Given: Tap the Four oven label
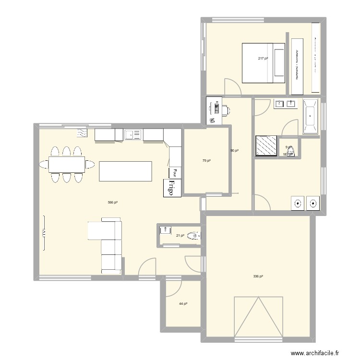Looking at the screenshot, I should (174, 173).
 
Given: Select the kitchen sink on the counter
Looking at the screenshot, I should (129, 135).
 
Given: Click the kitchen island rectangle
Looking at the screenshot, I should (125, 171).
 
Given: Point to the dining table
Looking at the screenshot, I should (67, 164).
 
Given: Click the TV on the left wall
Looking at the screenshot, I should (44, 232).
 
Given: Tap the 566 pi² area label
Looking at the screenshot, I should (113, 203).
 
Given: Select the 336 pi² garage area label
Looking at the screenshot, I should (258, 276).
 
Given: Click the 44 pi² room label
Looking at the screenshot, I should (183, 304).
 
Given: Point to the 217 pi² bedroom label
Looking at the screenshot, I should (263, 59).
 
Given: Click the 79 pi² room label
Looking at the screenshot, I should (206, 161).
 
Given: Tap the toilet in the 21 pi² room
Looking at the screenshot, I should (195, 235).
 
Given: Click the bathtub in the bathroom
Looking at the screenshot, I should (310, 116).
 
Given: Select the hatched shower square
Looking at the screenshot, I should (266, 146).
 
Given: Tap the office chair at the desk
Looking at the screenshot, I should (225, 110).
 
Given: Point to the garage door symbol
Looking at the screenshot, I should (258, 316).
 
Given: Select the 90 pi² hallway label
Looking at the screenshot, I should (234, 151).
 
